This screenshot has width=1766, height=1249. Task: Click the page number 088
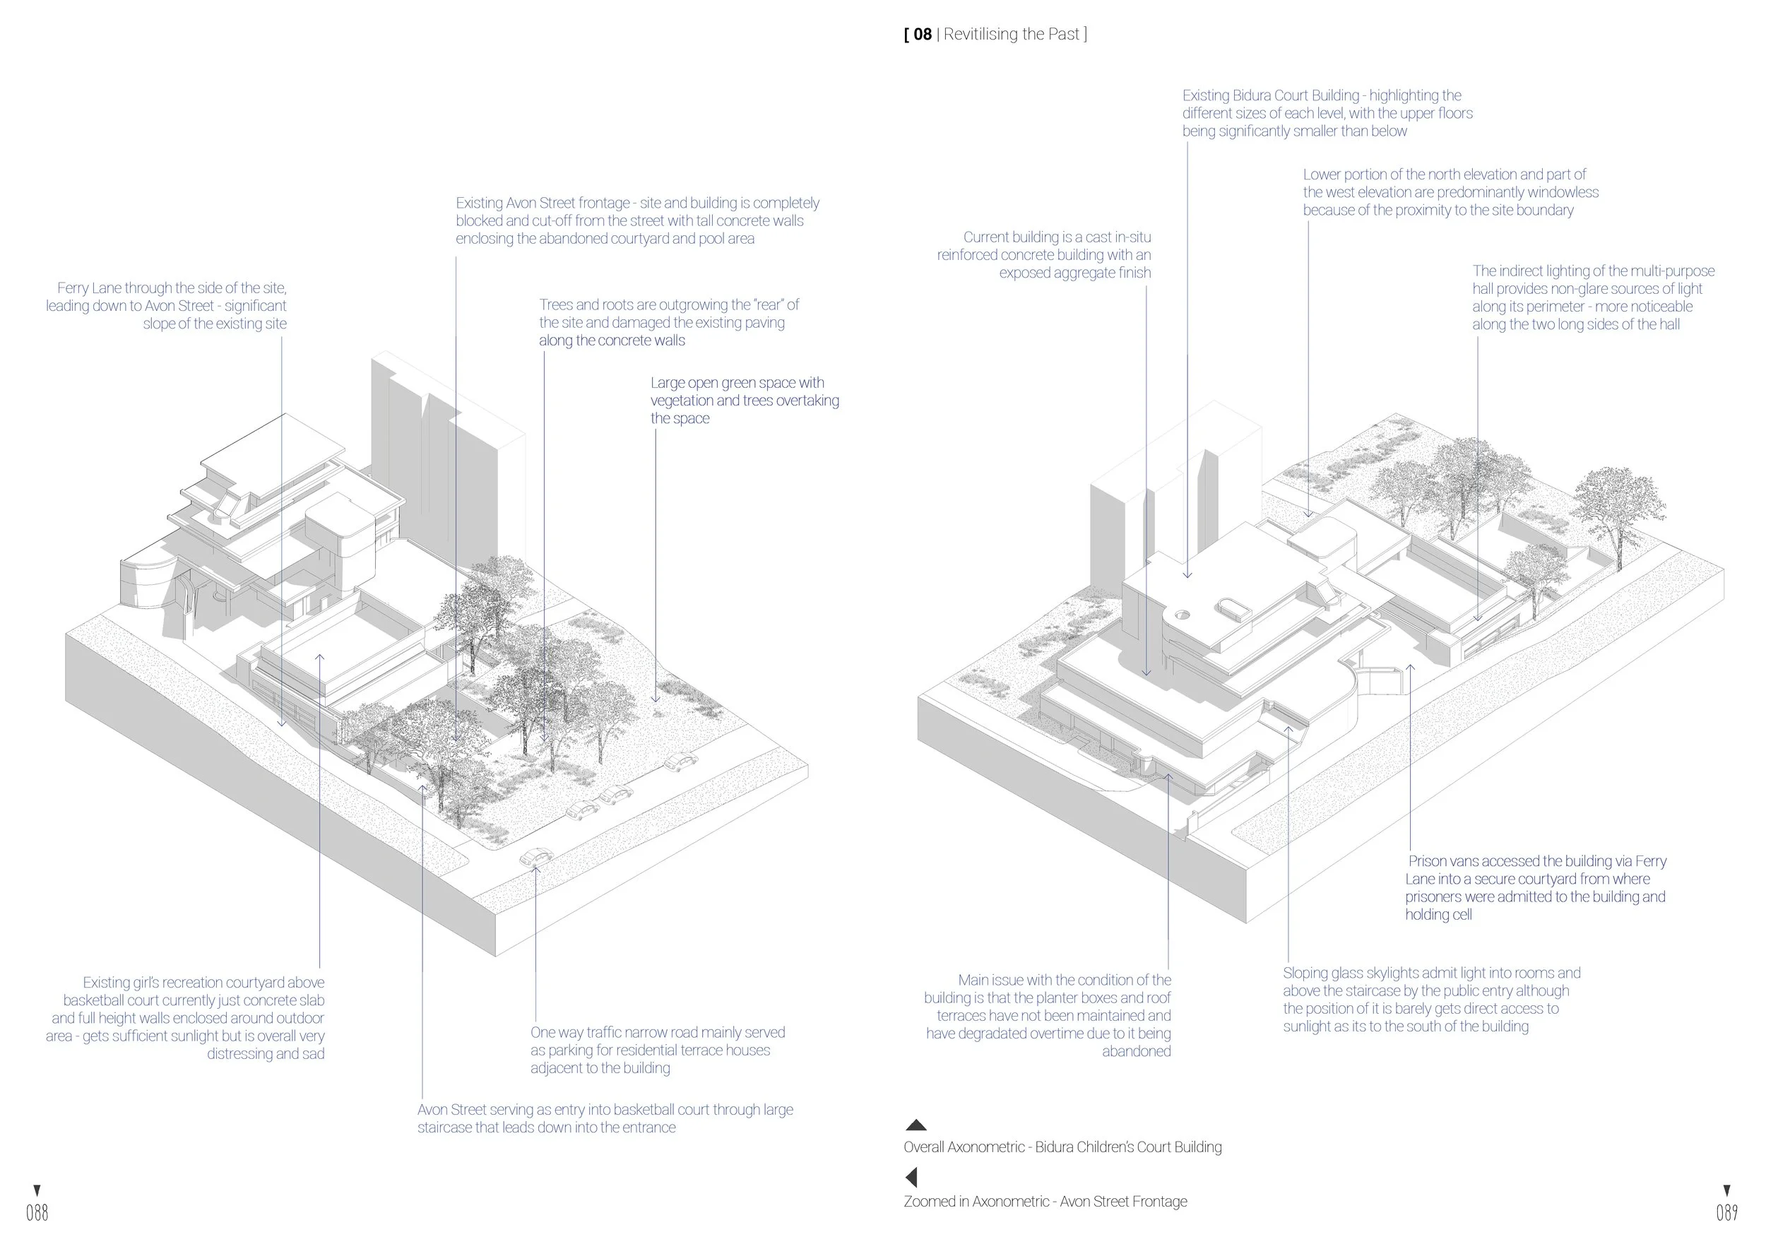(x=37, y=1213)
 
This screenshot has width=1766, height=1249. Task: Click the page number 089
(x=1726, y=1213)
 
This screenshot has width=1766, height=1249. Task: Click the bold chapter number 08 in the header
(x=923, y=34)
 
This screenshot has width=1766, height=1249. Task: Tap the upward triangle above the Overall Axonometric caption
(x=915, y=1125)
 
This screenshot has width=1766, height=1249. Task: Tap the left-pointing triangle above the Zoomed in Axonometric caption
(x=911, y=1177)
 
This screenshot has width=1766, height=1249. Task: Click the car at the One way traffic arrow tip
(x=536, y=857)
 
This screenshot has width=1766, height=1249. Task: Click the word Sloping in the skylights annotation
(x=1306, y=973)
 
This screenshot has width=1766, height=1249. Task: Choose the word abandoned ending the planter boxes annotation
(x=1136, y=1051)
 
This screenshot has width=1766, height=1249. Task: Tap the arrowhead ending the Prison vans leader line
(x=1411, y=668)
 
